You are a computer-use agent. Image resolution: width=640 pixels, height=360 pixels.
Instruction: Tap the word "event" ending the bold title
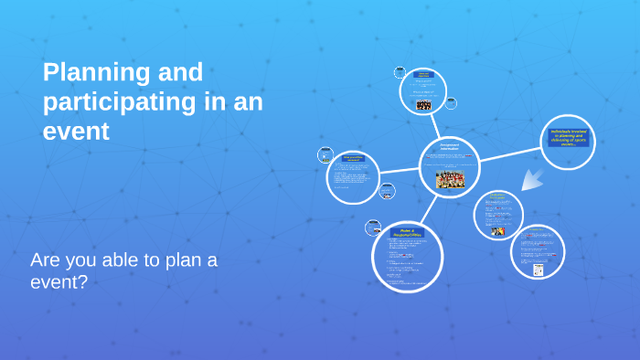(76, 131)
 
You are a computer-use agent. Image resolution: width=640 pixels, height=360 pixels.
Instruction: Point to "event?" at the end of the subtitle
(59, 282)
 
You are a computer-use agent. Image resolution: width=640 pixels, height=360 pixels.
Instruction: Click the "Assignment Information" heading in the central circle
(449, 146)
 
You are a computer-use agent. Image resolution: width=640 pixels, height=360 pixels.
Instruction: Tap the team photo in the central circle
(449, 179)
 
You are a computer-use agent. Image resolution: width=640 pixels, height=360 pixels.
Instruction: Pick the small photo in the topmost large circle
(423, 106)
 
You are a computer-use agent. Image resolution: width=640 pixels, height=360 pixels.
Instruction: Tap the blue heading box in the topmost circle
(423, 74)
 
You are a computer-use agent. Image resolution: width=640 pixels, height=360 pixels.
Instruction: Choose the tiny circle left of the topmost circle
(400, 72)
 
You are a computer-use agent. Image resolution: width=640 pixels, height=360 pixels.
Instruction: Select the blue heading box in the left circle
(353, 158)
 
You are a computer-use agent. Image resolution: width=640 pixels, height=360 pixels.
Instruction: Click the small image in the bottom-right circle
(539, 269)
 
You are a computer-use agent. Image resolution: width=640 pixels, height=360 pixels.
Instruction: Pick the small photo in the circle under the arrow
(497, 231)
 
